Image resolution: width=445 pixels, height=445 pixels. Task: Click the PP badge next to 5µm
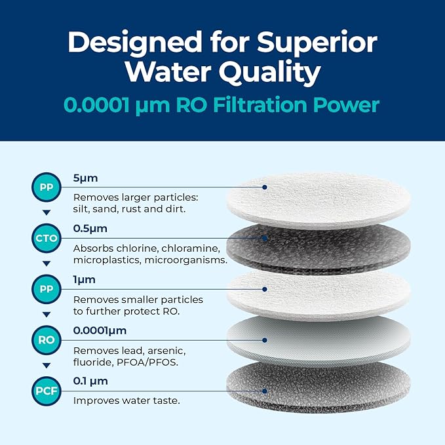coord(46,187)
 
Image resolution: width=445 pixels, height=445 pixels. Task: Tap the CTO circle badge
coord(46,237)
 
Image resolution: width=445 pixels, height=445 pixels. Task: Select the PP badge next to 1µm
coord(46,288)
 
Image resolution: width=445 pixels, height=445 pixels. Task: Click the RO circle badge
coord(46,339)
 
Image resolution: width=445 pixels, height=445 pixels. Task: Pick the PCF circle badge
coord(46,391)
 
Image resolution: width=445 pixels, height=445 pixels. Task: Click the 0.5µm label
coord(90,229)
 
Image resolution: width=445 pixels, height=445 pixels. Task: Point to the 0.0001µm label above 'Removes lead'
coord(100,330)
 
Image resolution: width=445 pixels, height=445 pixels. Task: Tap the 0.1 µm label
coord(90,381)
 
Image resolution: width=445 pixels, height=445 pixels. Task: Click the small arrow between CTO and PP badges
coord(46,263)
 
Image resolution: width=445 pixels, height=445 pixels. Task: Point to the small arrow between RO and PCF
coord(46,365)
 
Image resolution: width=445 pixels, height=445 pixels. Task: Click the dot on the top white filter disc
coord(265,187)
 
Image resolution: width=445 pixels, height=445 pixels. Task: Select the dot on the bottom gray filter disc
coord(265,391)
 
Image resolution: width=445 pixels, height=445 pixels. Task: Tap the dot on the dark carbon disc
coord(265,237)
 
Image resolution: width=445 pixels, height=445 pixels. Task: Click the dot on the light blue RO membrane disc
coord(265,339)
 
